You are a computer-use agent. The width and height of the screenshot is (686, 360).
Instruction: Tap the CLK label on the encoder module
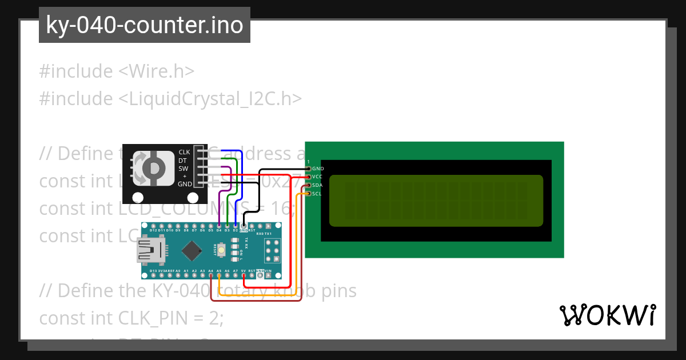[184, 152]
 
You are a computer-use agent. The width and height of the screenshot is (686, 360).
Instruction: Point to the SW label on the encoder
[184, 169]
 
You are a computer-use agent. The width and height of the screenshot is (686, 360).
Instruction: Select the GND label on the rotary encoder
[185, 184]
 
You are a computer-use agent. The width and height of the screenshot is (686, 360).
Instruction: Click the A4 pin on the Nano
[211, 275]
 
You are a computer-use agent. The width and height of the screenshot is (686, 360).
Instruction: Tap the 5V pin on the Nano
[244, 275]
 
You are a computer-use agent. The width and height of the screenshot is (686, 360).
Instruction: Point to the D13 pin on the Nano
[153, 275]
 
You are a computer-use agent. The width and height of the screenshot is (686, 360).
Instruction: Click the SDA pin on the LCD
[309, 186]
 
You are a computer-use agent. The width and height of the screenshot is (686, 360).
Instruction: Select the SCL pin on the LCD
[309, 194]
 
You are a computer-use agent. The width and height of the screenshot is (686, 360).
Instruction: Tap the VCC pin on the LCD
[309, 177]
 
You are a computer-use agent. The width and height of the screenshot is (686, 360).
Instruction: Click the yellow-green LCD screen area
[436, 201]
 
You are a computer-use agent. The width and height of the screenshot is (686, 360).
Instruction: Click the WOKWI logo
[607, 315]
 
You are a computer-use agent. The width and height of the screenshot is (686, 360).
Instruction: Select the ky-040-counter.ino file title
[144, 25]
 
